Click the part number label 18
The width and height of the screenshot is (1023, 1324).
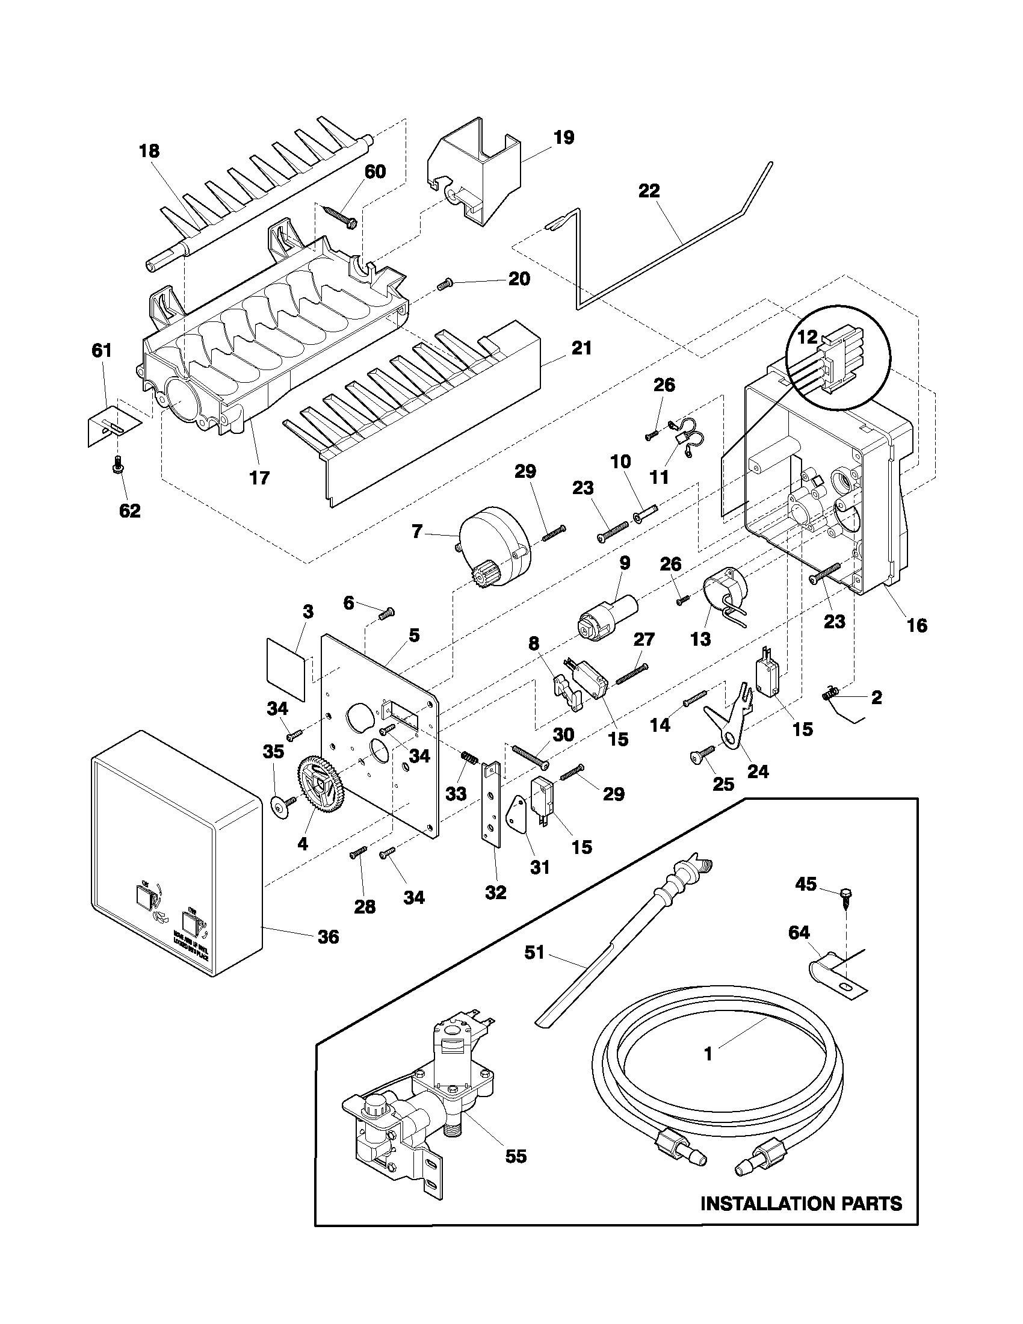149,151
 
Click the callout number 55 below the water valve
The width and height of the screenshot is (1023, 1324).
516,1173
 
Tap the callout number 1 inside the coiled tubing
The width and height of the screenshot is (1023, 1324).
708,1054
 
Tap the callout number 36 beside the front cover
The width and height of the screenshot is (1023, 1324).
329,936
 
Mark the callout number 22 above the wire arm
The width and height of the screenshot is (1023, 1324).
649,190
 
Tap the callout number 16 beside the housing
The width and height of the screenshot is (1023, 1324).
916,625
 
